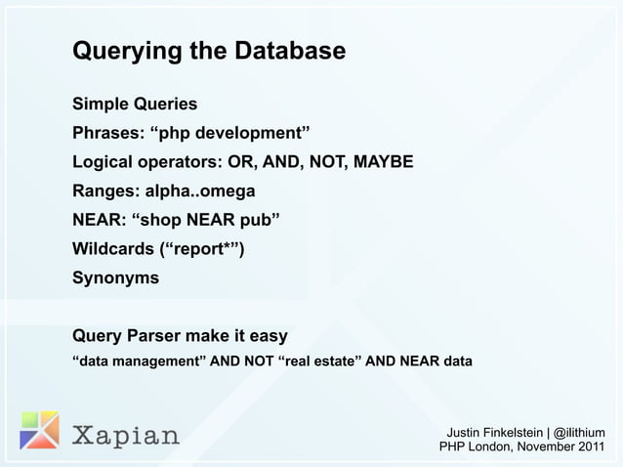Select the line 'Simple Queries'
(135, 105)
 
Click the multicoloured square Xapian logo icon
(39, 430)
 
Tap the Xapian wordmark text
(127, 434)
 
